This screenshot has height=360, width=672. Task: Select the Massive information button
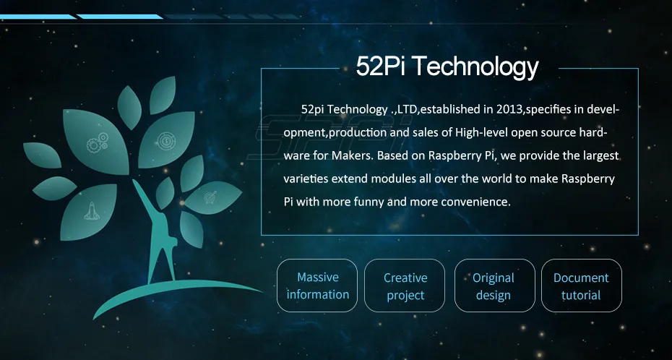(318, 286)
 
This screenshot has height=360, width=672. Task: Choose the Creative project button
(405, 286)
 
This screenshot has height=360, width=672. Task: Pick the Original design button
(494, 286)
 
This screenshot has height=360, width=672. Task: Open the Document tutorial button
(581, 286)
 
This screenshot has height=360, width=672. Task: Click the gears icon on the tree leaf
(97, 144)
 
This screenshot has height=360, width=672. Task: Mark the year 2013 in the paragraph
(509, 109)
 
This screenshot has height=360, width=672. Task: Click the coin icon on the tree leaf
(166, 136)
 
